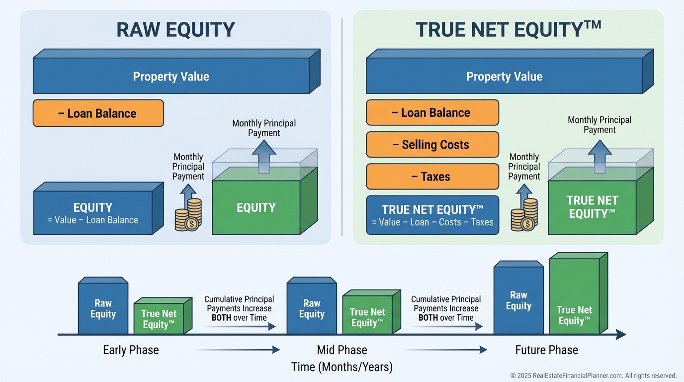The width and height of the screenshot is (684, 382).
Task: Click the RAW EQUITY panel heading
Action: point(175,30)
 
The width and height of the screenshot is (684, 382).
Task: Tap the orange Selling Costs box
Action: point(432,145)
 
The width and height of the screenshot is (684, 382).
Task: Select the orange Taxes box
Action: point(432,177)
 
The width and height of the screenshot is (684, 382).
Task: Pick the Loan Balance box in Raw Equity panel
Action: point(98,113)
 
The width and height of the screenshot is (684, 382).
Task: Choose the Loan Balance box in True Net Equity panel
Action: point(432,113)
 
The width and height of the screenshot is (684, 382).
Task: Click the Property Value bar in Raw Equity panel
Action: point(171,77)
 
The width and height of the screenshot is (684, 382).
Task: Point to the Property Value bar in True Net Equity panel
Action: point(504,77)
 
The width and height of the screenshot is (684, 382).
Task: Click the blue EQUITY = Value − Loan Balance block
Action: point(93,213)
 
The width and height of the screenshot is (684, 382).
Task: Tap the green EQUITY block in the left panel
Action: point(256,208)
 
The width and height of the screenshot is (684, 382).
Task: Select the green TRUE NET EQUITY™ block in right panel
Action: point(592,207)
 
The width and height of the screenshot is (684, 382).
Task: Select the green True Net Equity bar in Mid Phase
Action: point(367,317)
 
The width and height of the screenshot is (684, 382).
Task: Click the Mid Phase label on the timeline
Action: point(342,350)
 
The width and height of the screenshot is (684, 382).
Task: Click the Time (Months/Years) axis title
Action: point(342,367)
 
